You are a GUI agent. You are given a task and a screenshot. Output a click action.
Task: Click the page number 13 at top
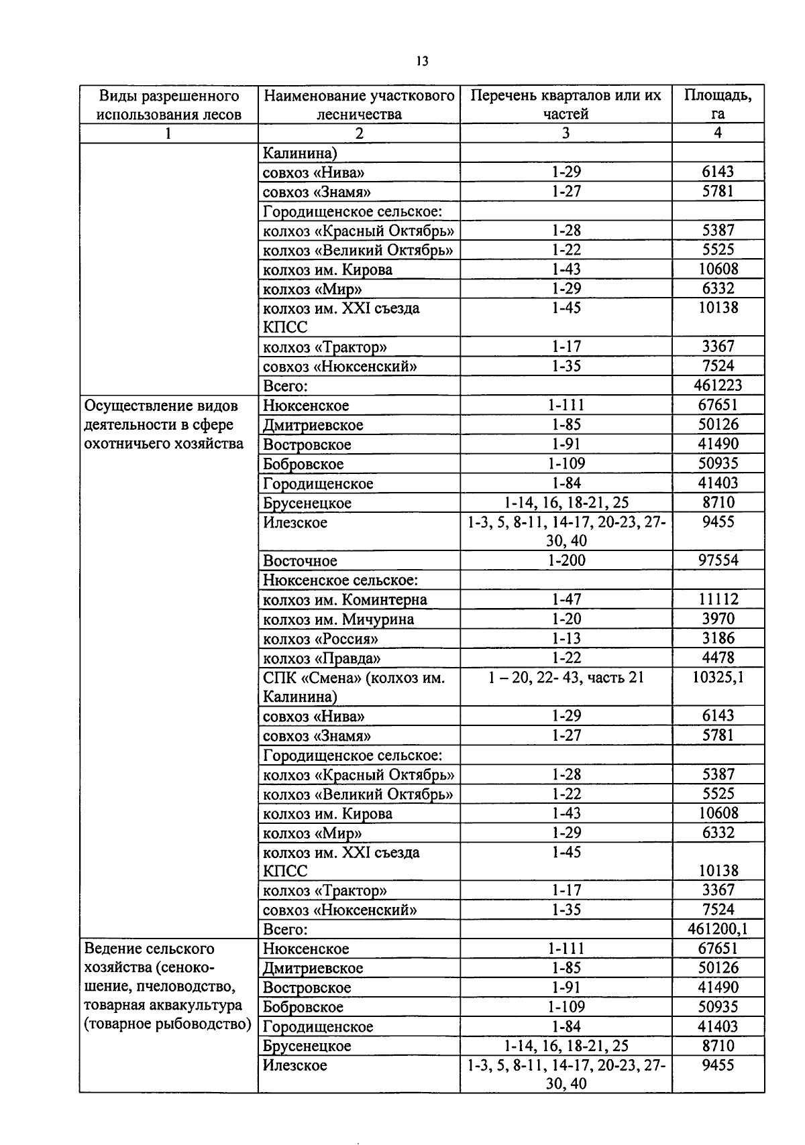pyautogui.click(x=421, y=61)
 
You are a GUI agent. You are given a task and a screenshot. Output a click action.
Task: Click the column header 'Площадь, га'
pyautogui.click(x=717, y=105)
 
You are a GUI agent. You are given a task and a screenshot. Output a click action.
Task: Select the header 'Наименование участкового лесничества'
pyautogui.click(x=359, y=105)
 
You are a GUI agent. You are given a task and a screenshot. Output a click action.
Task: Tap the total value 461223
pyautogui.click(x=717, y=385)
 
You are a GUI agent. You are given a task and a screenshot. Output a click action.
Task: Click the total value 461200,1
pyautogui.click(x=717, y=929)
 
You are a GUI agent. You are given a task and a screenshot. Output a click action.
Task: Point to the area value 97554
pyautogui.click(x=717, y=560)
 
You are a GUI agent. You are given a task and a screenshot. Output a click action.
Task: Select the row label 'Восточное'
pyautogui.click(x=300, y=561)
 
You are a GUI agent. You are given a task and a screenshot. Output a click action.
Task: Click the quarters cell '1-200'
pyautogui.click(x=566, y=560)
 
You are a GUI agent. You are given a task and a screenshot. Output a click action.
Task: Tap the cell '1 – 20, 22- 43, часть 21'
pyautogui.click(x=566, y=678)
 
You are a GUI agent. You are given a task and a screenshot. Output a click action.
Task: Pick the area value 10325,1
pyautogui.click(x=717, y=678)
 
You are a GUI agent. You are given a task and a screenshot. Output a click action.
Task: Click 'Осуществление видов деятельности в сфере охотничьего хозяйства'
pyautogui.click(x=163, y=424)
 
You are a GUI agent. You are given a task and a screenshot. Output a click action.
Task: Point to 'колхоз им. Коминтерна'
pyautogui.click(x=345, y=600)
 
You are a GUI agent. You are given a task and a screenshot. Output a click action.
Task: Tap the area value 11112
pyautogui.click(x=717, y=599)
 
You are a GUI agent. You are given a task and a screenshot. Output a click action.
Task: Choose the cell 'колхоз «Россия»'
pyautogui.click(x=320, y=639)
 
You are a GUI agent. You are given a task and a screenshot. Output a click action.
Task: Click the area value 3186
pyautogui.click(x=717, y=638)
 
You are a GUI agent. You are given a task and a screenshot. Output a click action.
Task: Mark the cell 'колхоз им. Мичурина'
pyautogui.click(x=338, y=619)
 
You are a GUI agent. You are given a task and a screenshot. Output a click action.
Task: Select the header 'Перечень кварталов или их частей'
pyautogui.click(x=566, y=105)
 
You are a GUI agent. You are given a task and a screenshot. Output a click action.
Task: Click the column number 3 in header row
pyautogui.click(x=566, y=133)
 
